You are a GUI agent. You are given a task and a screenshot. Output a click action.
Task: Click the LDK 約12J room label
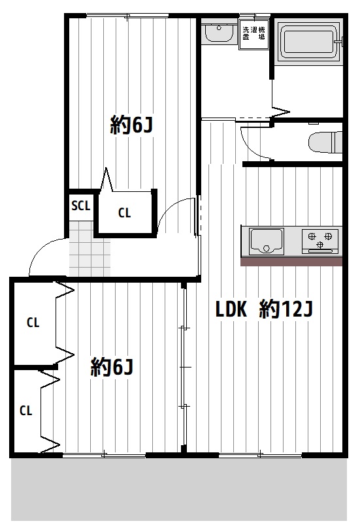point(264,309)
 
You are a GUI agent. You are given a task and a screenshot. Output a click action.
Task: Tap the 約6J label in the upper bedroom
point(131,125)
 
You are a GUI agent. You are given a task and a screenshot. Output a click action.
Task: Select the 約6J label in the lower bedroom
point(111,367)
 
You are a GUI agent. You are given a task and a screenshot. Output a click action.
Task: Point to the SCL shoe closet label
point(81,206)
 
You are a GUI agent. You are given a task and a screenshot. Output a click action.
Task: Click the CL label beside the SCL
point(124,213)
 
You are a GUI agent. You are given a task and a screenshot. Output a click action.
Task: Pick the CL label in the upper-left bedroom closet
point(33,322)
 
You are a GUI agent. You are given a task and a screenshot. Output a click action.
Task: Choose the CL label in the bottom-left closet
point(26,411)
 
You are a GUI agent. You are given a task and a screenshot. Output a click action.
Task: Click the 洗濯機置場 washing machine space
point(254,34)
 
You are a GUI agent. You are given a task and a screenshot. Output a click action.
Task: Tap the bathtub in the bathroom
point(308,42)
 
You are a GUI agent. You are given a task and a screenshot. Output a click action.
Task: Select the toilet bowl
point(325,142)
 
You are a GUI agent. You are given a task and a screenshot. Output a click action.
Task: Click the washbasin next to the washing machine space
point(219,32)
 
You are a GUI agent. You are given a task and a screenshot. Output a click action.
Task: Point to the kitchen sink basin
point(267,242)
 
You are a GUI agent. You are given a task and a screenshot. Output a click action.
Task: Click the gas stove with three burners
point(320,242)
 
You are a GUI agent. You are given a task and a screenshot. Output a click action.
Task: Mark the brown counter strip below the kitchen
point(291,261)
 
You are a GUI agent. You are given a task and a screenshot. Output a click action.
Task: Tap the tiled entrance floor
point(90,249)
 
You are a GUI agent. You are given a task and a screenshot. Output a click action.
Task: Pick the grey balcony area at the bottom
point(179,490)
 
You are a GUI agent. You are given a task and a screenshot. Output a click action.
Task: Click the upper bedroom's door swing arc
point(170,208)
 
